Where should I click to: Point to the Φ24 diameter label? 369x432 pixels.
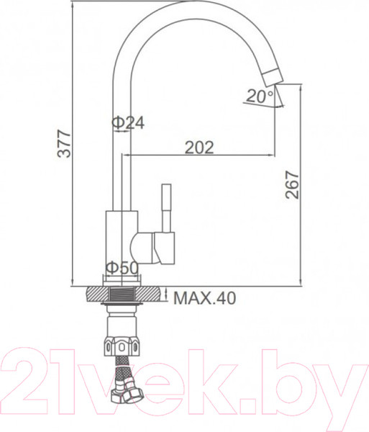pos(128,123)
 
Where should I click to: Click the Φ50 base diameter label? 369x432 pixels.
pos(122,268)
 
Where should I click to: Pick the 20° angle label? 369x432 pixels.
pos(259,95)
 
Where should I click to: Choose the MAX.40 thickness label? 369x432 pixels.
pos(204,297)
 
